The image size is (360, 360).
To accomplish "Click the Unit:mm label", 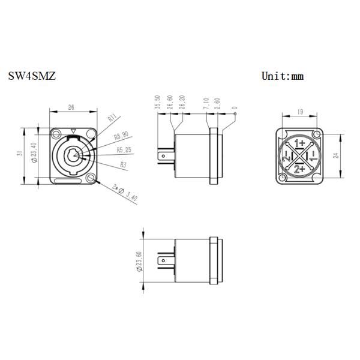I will (283, 76).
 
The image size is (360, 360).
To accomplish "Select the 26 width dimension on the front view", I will (71, 108).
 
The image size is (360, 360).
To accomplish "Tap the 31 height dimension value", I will (20, 154).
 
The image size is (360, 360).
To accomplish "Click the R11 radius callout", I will (112, 119).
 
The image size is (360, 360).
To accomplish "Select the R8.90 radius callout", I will (121, 136).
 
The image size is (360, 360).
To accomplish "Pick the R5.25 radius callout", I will (124, 149).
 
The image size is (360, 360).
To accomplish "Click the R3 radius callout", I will (124, 163).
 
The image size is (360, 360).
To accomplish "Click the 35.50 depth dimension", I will (158, 103).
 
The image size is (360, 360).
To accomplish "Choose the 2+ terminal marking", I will (299, 170).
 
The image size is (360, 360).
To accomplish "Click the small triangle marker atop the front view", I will (73, 131).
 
